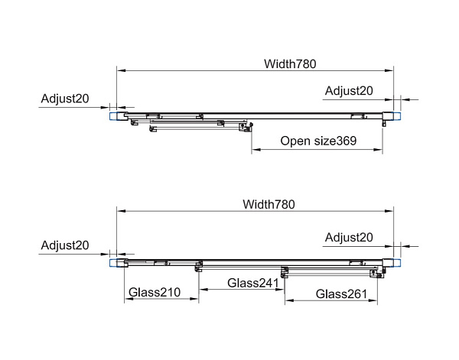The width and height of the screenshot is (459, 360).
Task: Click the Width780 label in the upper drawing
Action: [x=291, y=63]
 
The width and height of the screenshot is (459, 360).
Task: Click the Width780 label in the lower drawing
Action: [x=269, y=204]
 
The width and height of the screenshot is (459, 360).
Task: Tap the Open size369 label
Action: [x=318, y=141]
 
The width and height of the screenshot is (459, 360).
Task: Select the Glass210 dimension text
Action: [x=154, y=292]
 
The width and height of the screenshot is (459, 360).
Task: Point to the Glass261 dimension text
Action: [x=341, y=294]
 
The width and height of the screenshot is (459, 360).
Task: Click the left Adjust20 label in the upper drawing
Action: [x=66, y=98]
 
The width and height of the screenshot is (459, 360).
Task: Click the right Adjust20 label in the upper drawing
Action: [x=349, y=91]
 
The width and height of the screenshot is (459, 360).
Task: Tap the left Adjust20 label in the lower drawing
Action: [x=66, y=245]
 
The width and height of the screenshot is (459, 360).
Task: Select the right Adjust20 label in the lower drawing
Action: [x=349, y=238]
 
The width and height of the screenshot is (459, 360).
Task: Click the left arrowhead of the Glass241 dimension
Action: [x=200, y=290]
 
